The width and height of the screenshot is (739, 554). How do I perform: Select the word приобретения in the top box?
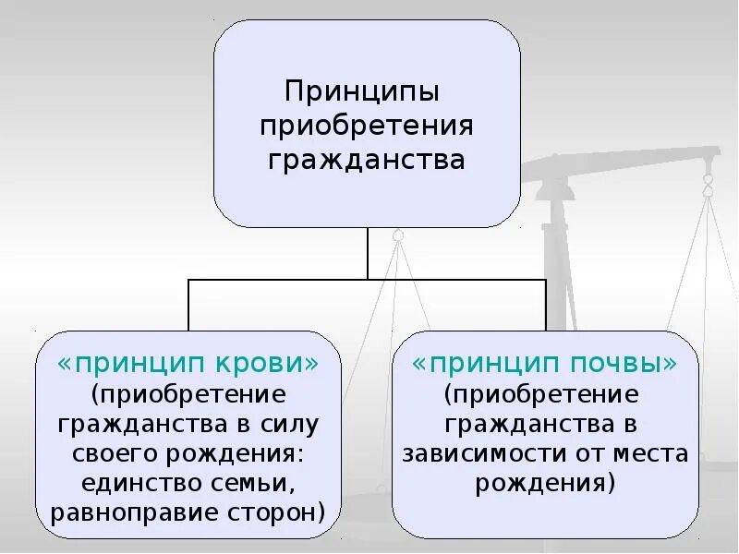tap(368, 126)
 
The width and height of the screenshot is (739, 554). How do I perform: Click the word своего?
tap(117, 453)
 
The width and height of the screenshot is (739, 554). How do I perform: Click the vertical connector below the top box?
tap(369, 251)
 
